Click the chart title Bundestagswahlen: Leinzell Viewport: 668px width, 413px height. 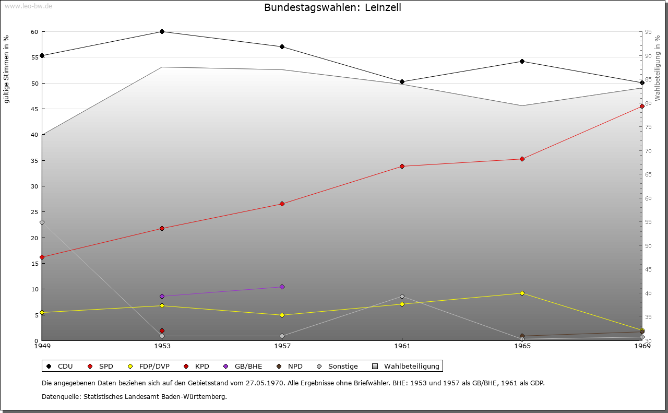pyautogui.click(x=332, y=8)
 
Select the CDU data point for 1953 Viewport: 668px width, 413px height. pyautogui.click(x=162, y=32)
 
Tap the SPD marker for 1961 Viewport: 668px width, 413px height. pyautogui.click(x=402, y=167)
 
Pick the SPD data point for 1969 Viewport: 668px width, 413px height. pyautogui.click(x=642, y=107)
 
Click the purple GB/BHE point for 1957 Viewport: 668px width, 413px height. pyautogui.click(x=282, y=287)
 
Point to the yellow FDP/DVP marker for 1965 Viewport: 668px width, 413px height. pyautogui.click(x=522, y=293)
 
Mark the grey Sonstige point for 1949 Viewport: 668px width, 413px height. pyautogui.click(x=42, y=222)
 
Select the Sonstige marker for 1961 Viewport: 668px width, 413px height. pyautogui.click(x=402, y=297)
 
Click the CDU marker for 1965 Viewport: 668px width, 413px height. pyautogui.click(x=522, y=62)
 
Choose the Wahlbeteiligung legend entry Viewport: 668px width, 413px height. pyautogui.click(x=407, y=367)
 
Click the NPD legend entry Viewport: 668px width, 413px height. pyautogui.click(x=290, y=367)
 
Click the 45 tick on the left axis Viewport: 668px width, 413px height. pyautogui.click(x=34, y=109)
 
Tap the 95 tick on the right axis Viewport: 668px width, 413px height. pyautogui.click(x=648, y=32)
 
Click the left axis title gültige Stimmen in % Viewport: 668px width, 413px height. pyautogui.click(x=7, y=69)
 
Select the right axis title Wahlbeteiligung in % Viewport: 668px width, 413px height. pyautogui.click(x=658, y=68)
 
